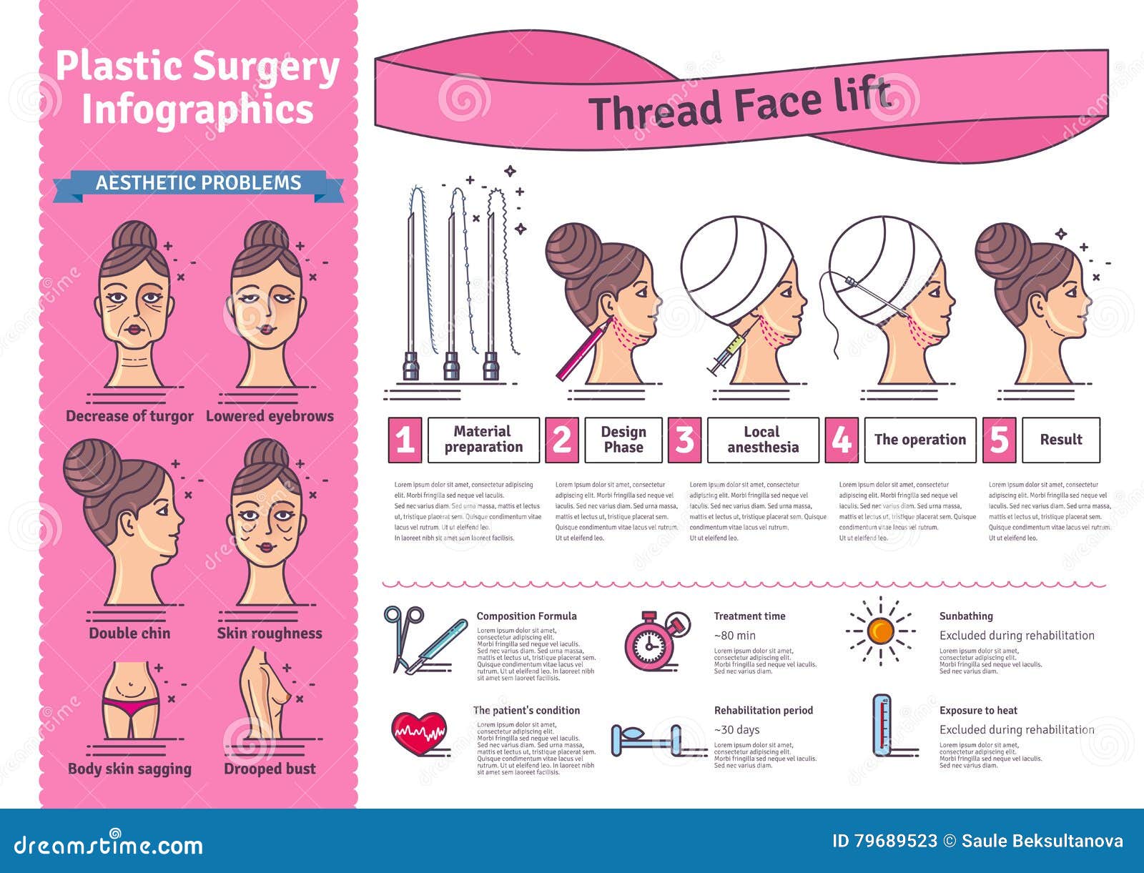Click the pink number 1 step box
(405, 440)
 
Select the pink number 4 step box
(842, 440)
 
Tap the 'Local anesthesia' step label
(762, 440)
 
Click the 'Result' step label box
(1060, 440)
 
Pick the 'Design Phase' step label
(623, 440)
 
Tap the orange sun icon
(880, 631)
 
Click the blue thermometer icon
(882, 725)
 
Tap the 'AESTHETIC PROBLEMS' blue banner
(198, 183)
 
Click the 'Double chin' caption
(129, 633)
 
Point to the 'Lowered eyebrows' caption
(270, 416)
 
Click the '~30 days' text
(736, 730)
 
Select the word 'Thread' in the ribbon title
(654, 112)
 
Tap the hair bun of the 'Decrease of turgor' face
(134, 235)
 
